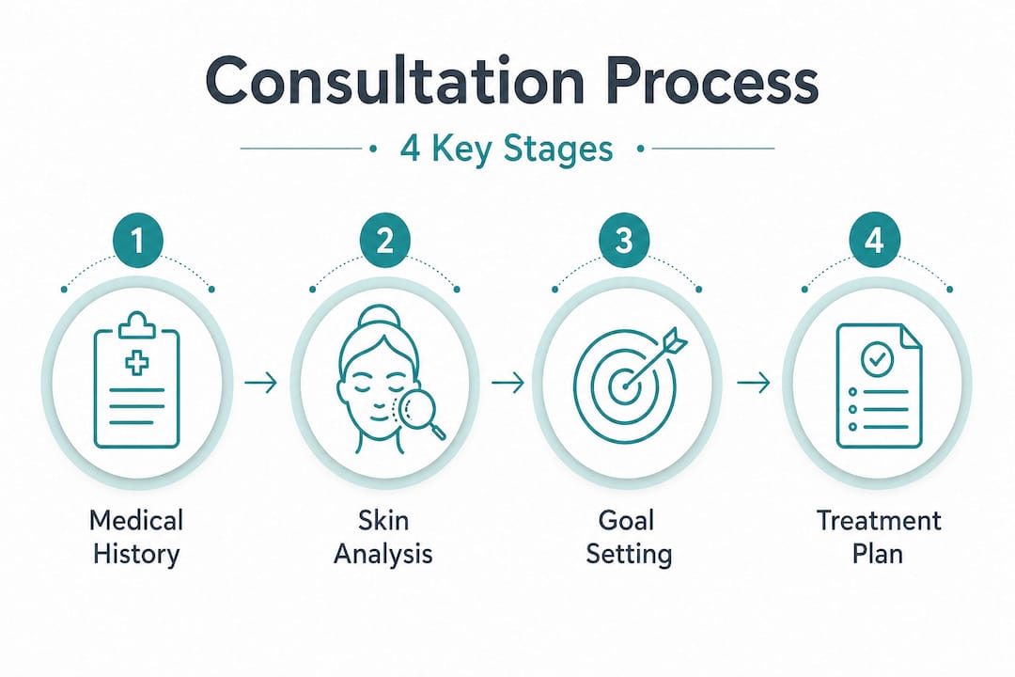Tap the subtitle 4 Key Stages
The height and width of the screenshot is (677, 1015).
[x=507, y=149]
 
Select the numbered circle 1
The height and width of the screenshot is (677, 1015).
[x=137, y=242]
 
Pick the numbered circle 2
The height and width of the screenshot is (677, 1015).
[x=383, y=242]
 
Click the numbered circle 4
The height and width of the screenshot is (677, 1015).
[x=874, y=242]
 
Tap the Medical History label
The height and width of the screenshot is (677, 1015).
[x=136, y=536]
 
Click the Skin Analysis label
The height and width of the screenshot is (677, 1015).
[x=383, y=536]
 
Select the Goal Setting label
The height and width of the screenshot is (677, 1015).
[x=628, y=536]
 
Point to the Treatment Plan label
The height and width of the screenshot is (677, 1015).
[x=878, y=536]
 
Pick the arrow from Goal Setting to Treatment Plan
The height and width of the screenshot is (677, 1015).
[x=752, y=383]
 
